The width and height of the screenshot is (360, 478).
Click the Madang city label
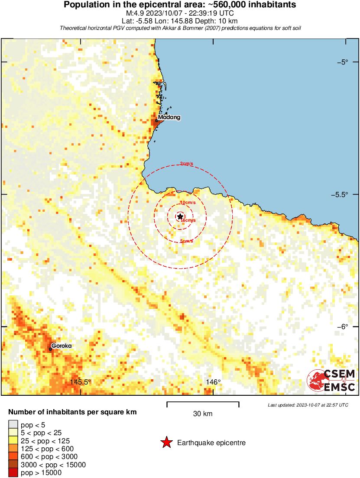[x=169, y=117]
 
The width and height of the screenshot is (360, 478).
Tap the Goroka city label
[x=61, y=346]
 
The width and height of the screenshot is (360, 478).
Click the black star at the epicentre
[x=180, y=216]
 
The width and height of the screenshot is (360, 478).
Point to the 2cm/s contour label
[x=186, y=164]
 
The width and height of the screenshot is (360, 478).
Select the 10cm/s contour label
[x=188, y=203]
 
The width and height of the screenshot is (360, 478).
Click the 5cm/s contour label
[x=187, y=241]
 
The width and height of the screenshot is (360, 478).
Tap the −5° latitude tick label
[x=345, y=62]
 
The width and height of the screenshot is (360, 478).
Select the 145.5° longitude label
[x=80, y=382]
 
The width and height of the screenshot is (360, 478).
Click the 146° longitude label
[x=213, y=382]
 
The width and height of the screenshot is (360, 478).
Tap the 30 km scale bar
[x=203, y=403]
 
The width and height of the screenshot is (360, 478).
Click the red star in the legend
[x=166, y=442]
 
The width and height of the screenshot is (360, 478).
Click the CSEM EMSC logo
[x=331, y=380]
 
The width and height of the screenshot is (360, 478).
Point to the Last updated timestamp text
[x=308, y=405]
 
